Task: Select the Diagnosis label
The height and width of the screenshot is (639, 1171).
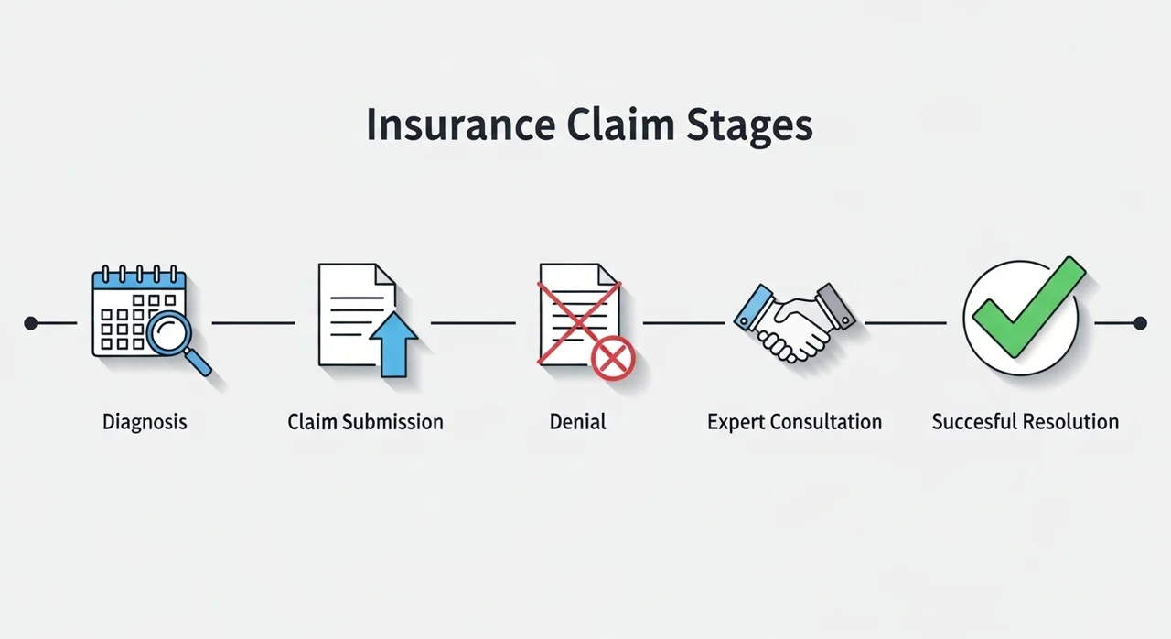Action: (145, 422)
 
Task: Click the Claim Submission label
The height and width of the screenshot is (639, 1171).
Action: (365, 422)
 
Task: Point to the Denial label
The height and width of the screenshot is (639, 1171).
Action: (577, 422)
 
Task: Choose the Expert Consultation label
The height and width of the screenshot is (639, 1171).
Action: (794, 422)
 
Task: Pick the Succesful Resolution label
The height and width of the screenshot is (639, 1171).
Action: (1025, 422)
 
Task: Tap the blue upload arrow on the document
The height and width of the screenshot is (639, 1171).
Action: (392, 341)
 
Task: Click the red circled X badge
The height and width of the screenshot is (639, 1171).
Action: (613, 356)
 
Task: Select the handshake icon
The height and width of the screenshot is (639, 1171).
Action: (794, 320)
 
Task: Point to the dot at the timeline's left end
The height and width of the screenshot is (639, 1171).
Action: (31, 322)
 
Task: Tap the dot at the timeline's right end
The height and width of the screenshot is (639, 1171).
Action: (1140, 322)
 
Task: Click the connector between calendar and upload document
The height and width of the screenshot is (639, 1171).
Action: (253, 322)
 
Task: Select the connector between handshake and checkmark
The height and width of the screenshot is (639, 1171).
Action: (905, 322)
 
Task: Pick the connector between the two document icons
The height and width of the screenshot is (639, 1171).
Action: (473, 322)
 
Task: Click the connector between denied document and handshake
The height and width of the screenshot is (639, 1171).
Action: (683, 322)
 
